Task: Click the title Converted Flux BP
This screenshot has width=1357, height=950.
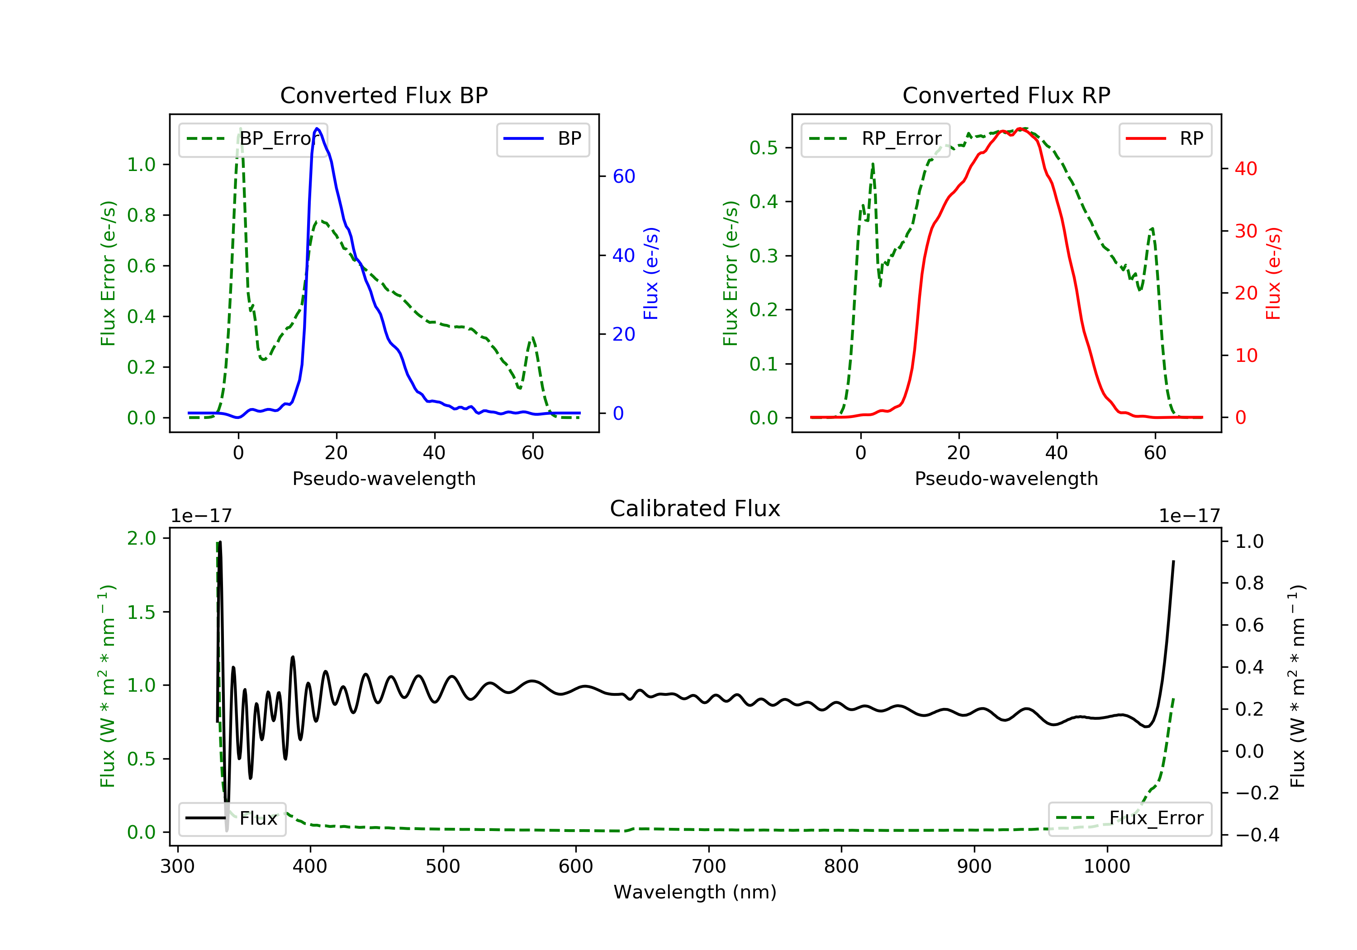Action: pos(384,95)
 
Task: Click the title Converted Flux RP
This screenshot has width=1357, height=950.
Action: pos(1006,95)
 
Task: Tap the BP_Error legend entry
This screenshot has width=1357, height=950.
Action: pos(253,139)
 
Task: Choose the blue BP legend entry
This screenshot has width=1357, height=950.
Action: pos(542,139)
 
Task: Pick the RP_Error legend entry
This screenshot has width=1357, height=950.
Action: pos(875,139)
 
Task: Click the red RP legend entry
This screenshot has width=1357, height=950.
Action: pos(1165,139)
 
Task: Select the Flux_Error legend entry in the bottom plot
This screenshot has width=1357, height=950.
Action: pos(1129,818)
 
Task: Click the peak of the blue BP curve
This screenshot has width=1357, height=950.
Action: pos(318,128)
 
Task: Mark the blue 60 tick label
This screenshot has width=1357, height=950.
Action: pos(623,176)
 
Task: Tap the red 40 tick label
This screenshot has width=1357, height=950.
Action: pos(1246,168)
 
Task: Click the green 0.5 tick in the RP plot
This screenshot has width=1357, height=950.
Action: pos(763,147)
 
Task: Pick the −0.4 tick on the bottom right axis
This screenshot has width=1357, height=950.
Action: pos(1257,835)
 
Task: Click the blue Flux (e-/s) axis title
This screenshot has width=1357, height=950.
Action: pos(651,274)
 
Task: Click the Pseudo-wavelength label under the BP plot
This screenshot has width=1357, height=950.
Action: pos(384,478)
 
